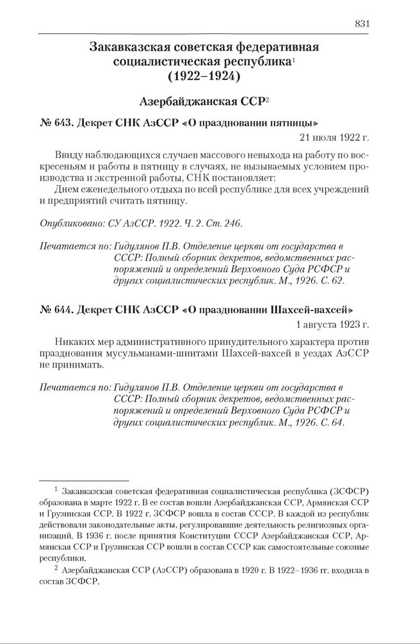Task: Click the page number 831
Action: (x=362, y=24)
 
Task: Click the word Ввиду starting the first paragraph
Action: (x=70, y=156)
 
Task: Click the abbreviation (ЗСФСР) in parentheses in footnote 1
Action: (x=351, y=490)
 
